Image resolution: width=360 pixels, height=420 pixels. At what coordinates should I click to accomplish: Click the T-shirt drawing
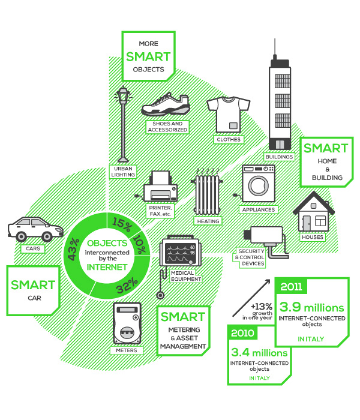click(227, 113)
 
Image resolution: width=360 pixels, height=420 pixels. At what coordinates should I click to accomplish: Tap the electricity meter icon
click(127, 323)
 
